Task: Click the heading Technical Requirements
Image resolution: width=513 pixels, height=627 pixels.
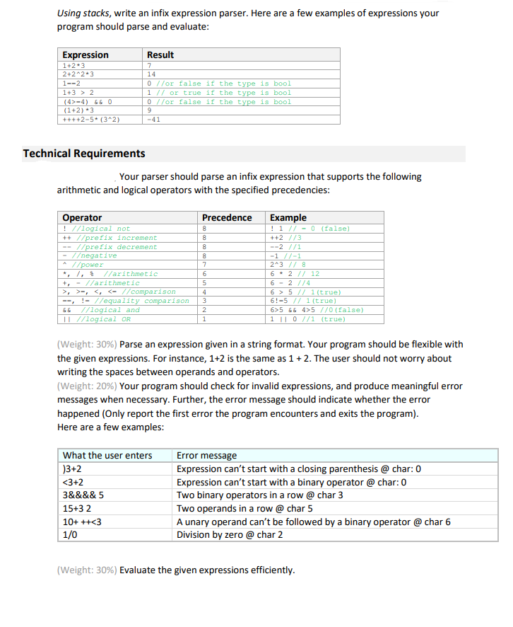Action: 84,154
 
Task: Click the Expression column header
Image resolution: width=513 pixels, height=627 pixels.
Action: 85,54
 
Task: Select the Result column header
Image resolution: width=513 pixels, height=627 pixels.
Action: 160,54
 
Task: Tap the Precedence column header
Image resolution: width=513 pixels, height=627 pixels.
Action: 227,217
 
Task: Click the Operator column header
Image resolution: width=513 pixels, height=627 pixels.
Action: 82,217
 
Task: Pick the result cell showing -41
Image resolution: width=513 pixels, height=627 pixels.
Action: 153,120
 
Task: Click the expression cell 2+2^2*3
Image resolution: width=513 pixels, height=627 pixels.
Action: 79,74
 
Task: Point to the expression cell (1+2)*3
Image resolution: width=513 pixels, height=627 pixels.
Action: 79,110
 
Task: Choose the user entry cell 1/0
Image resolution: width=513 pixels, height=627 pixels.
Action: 70,535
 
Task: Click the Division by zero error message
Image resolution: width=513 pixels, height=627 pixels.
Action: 230,535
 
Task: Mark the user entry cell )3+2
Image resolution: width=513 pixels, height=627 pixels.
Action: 71,468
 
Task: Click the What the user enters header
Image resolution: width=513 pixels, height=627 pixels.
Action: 107,455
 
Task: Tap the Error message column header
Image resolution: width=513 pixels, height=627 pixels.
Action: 206,455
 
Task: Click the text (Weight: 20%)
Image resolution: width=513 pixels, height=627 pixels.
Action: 86,386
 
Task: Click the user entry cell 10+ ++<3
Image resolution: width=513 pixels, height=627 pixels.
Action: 78,522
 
